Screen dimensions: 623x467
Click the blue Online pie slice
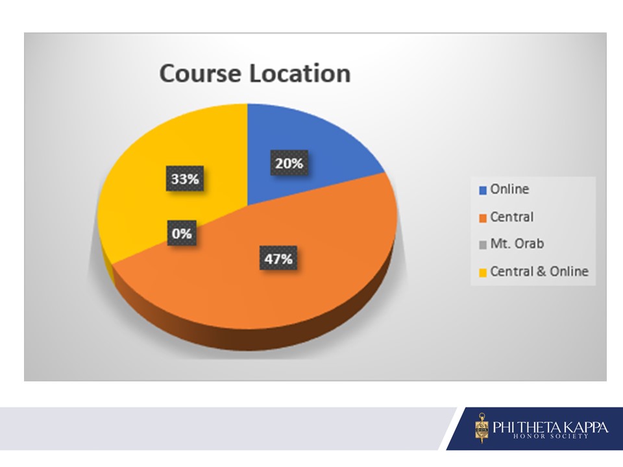point(302,159)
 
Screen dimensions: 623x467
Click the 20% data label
point(289,163)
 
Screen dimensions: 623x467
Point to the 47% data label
point(278,259)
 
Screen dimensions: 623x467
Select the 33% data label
point(185,179)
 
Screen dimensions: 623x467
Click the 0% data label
point(182,233)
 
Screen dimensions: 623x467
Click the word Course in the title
point(200,73)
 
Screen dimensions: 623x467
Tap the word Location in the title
point(300,73)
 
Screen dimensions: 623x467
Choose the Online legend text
point(509,189)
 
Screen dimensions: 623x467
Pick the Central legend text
point(512,217)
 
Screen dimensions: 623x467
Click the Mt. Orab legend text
point(517,243)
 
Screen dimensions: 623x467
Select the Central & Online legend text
point(539,271)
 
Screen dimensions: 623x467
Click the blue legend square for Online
point(483,190)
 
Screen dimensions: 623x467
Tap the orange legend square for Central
point(483,218)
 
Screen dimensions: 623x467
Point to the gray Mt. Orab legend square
point(483,245)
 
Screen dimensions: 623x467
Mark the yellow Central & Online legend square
point(483,272)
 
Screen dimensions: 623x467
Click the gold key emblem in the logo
point(482,427)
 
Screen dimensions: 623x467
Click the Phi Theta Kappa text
point(550,427)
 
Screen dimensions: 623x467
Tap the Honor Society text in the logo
point(550,437)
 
